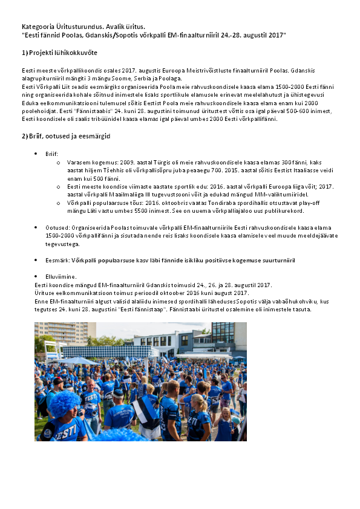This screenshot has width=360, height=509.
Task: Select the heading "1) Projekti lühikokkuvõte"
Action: (59, 53)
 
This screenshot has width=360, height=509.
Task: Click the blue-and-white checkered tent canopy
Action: (109, 351)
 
